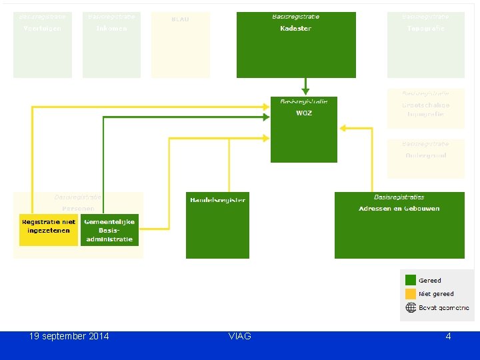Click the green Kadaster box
coord(296,45)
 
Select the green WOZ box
coord(303,129)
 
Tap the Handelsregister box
coord(217,225)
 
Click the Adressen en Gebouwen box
coord(399,225)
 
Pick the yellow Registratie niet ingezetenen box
coord(49,230)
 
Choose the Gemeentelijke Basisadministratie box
coord(109,230)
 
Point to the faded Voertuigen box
coord(43,45)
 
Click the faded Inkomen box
coord(111,45)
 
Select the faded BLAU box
coord(181,45)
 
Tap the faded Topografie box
coord(425,45)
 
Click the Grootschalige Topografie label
coord(425,109)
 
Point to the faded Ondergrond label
coord(425,155)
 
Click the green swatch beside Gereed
coord(411,281)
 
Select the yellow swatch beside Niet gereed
coord(411,294)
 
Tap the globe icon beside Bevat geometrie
coord(411,308)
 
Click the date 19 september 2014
coord(69,336)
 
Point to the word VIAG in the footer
coord(239,336)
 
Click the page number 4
coord(448,336)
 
